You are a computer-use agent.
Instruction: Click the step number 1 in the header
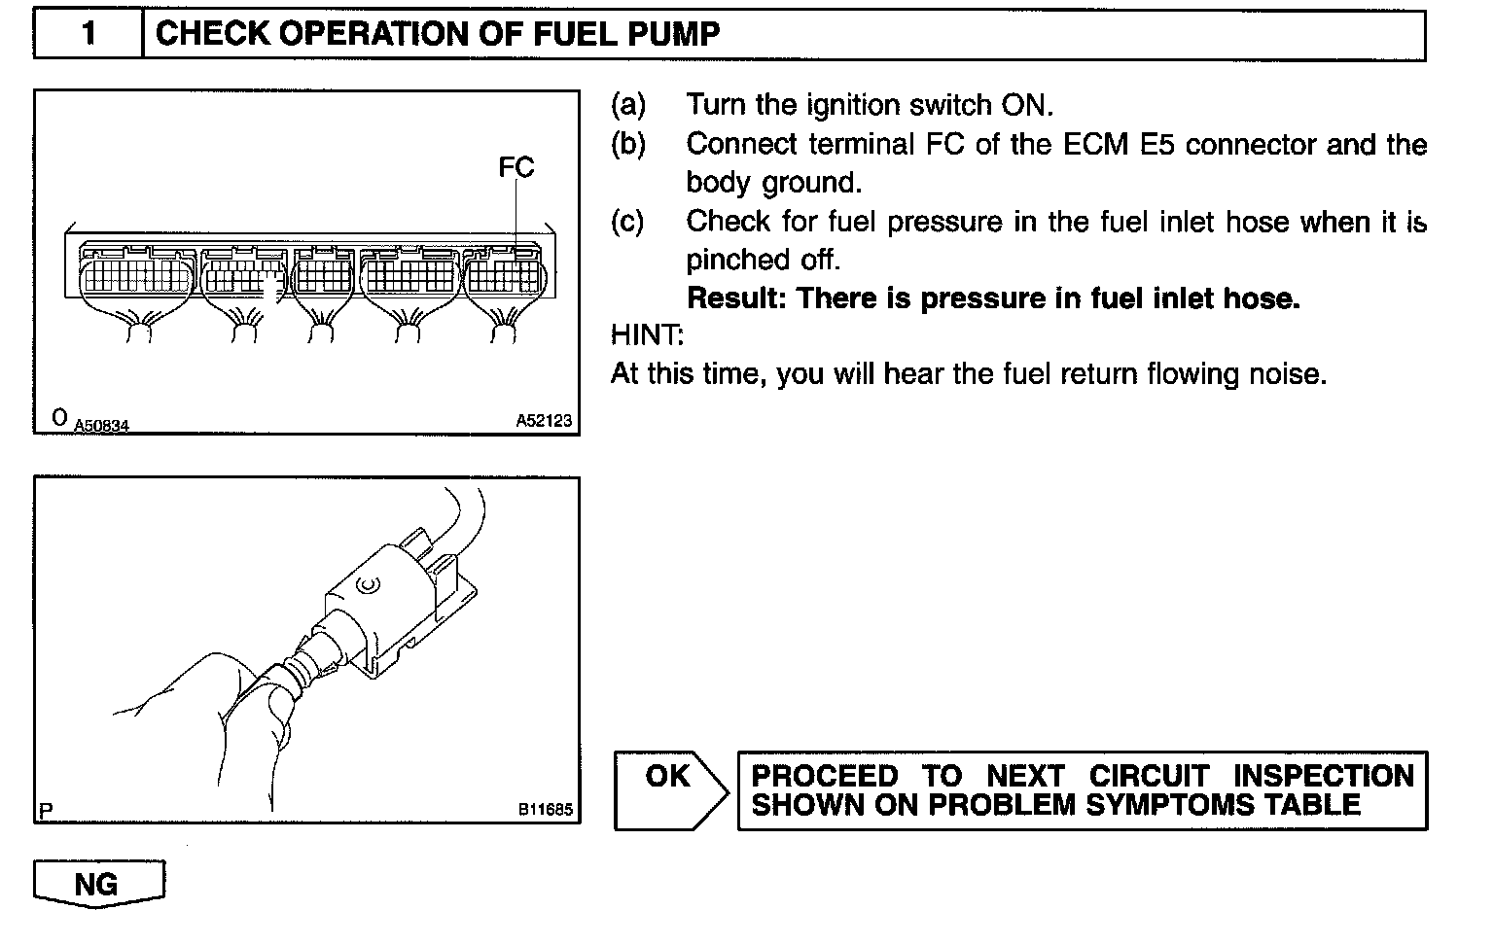coord(89,34)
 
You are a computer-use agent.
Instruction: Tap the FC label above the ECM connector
coord(516,167)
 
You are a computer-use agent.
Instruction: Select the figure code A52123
coord(544,421)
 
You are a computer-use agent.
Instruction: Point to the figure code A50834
coord(101,425)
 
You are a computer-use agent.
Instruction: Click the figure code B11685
coord(545,808)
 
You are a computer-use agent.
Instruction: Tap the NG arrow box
coord(98,883)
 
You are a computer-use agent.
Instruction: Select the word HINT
coord(647,335)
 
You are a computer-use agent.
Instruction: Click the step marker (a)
coord(628,104)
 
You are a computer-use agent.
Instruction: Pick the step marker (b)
coord(628,144)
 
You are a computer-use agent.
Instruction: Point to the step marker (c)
coord(628,222)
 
